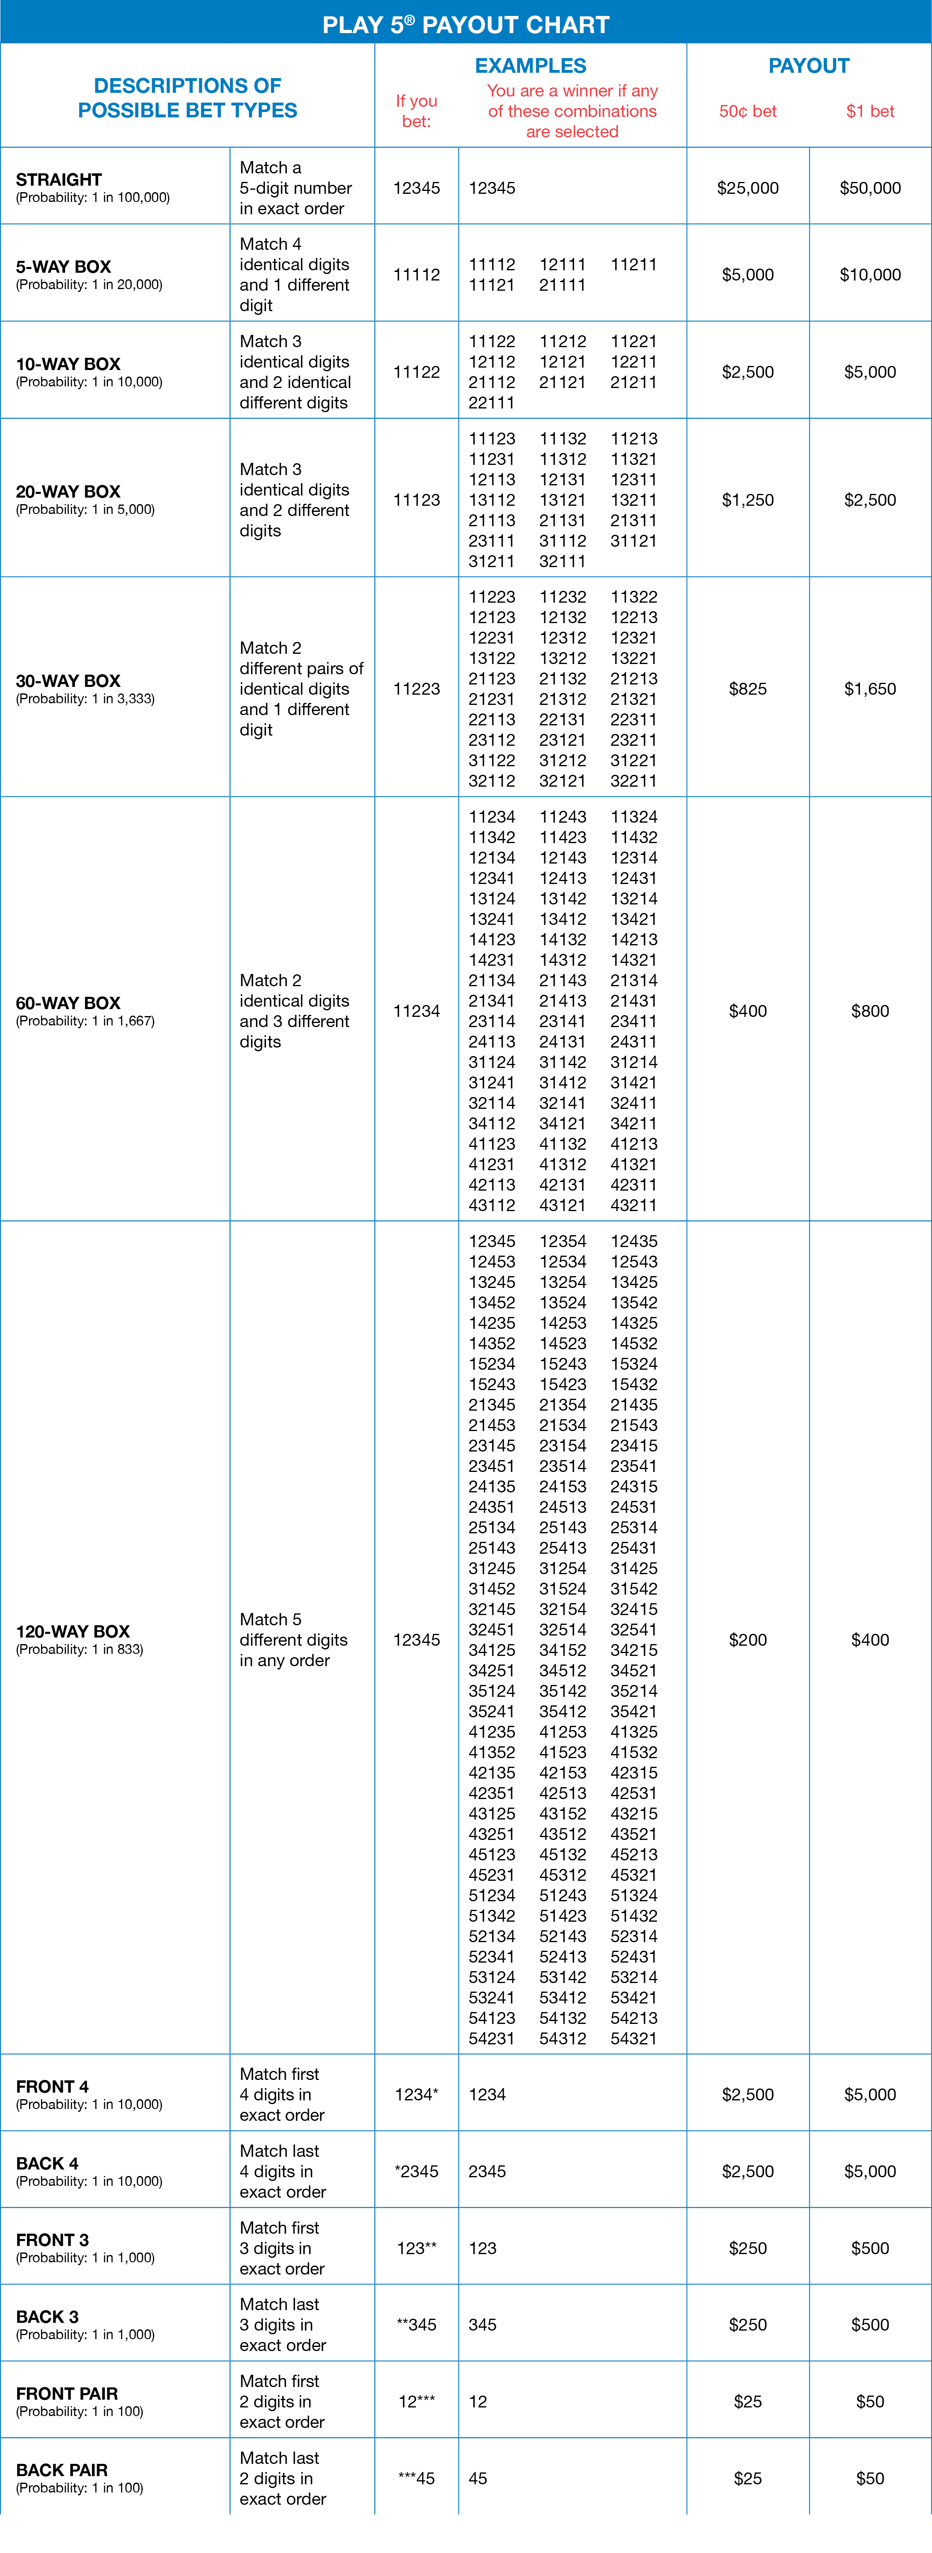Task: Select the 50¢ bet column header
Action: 748,111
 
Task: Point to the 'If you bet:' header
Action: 416,111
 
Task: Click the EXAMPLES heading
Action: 530,65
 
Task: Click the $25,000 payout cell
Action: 748,187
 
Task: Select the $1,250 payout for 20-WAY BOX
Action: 748,500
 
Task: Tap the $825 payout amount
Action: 748,689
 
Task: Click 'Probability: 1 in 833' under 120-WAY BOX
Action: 79,1649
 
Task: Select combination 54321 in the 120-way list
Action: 633,2039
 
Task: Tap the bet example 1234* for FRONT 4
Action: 416,2094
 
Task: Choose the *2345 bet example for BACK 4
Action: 416,2172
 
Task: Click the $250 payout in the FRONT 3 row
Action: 748,2248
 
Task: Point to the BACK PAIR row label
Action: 61,2470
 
